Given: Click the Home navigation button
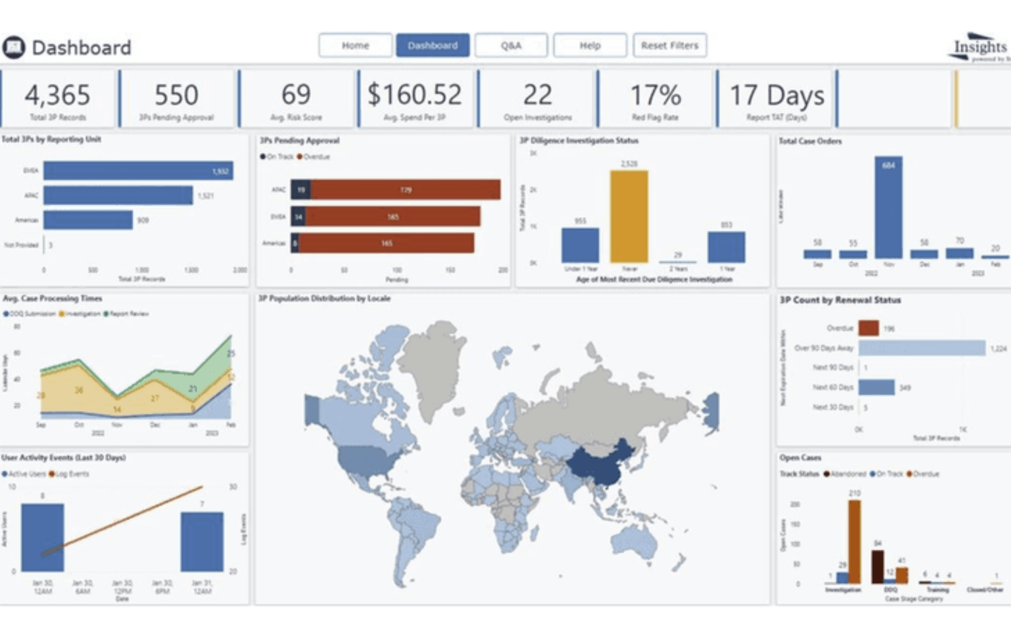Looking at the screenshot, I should pos(355,45).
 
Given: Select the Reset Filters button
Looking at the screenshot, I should pos(669,45).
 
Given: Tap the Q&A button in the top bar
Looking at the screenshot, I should pos(511,45).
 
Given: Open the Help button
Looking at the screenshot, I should pos(590,45).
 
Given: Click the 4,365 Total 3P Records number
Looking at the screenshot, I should pos(57,95).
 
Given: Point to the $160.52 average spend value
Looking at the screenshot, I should pos(415,94).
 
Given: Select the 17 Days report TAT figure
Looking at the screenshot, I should pos(777,95).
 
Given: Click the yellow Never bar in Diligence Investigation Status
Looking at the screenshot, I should pos(629,217).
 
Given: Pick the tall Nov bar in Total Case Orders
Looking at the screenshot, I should pos(888,207).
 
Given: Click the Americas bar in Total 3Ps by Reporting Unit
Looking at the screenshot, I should pos(88,220).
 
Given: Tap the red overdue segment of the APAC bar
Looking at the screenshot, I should pos(405,190).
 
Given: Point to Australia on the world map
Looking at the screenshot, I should pos(634,541).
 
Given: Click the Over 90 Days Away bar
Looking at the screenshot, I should pos(922,348).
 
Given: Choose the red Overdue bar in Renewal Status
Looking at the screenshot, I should pos(869,328).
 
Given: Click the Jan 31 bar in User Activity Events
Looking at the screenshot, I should pos(202,542).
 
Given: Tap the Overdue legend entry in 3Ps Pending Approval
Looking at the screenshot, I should pos(313,157).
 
